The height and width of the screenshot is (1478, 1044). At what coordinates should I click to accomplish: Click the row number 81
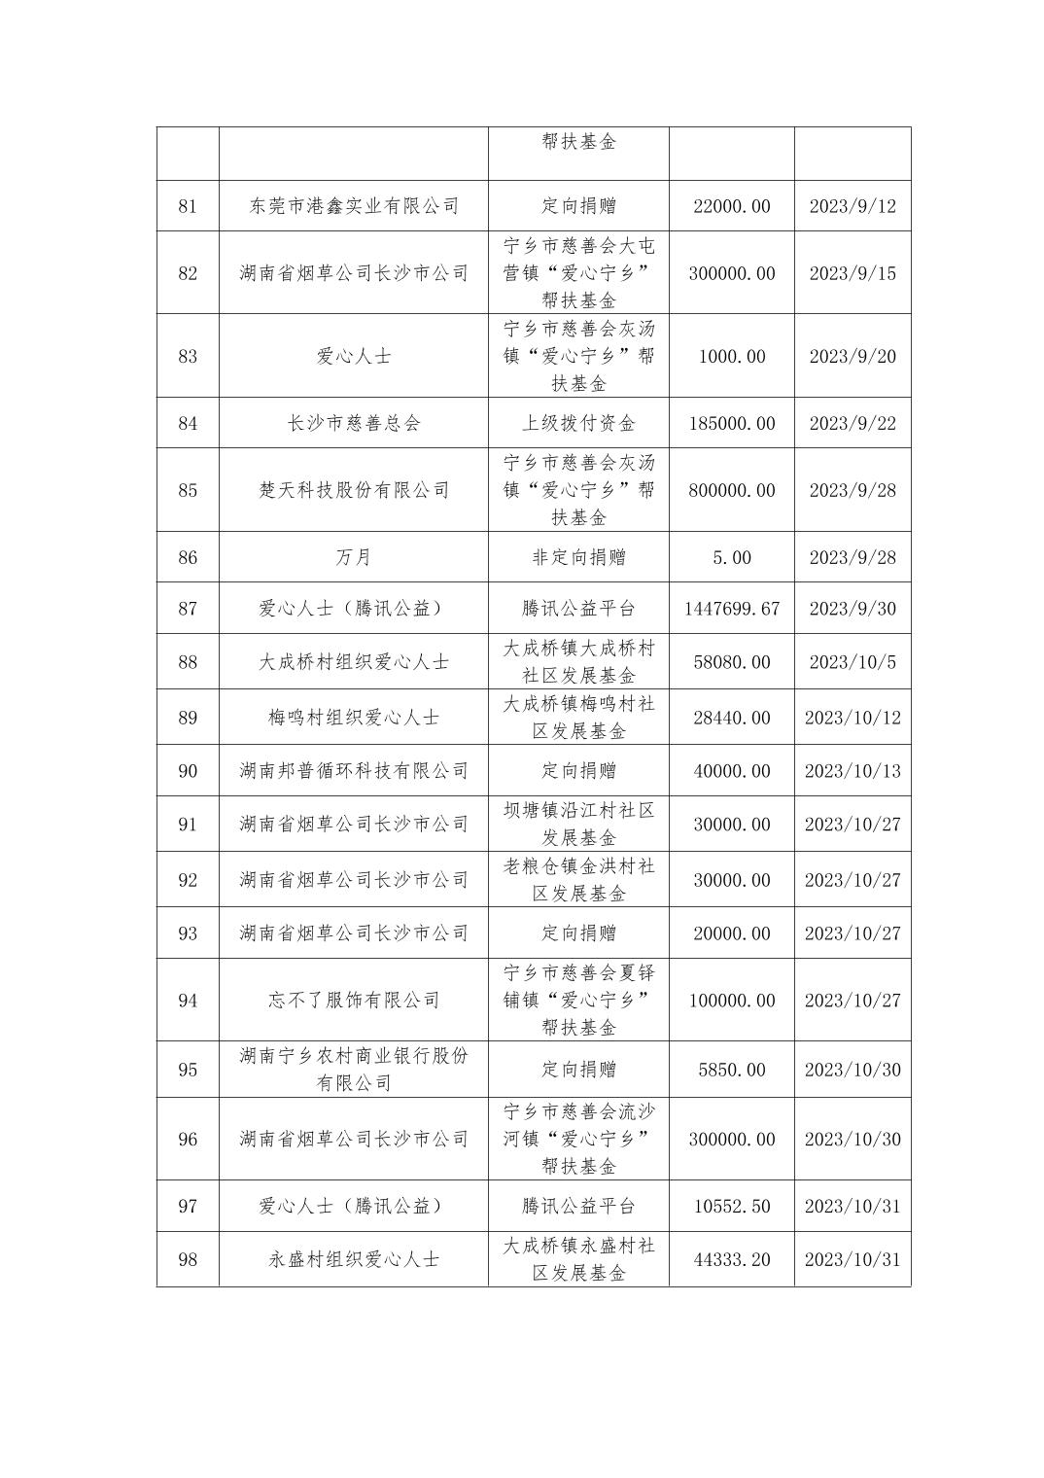click(x=188, y=206)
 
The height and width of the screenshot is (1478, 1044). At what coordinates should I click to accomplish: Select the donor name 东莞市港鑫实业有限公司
click(x=354, y=206)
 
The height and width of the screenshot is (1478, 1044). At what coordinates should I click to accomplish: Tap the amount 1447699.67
click(x=732, y=609)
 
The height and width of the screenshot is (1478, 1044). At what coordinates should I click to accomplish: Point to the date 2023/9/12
click(x=853, y=206)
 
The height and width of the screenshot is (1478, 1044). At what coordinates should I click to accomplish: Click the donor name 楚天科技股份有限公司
click(x=354, y=490)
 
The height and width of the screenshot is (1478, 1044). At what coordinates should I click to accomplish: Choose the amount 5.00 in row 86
click(x=732, y=557)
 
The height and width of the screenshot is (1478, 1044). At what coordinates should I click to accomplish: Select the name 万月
click(x=354, y=557)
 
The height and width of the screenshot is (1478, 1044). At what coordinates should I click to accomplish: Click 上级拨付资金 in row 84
click(x=578, y=423)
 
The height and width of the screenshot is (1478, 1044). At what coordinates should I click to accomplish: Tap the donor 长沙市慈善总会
click(x=354, y=423)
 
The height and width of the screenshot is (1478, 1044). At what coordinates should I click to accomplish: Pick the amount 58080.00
click(x=732, y=662)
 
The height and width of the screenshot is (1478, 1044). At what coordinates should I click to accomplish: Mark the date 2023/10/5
click(x=853, y=662)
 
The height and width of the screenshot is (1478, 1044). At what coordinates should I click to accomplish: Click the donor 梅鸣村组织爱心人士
click(x=354, y=718)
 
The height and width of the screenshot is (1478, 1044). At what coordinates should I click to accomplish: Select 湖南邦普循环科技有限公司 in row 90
click(x=354, y=771)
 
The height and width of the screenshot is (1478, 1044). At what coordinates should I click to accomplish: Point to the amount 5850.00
click(x=732, y=1070)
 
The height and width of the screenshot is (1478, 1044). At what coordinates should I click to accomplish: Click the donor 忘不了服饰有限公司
click(x=354, y=1000)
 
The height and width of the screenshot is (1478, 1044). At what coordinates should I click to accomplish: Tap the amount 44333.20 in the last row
click(x=732, y=1259)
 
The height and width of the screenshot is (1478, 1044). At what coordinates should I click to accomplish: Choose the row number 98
click(x=188, y=1259)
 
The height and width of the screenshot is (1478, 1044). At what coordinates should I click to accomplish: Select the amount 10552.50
click(x=732, y=1206)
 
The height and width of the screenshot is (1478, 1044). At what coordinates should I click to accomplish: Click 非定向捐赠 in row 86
click(x=578, y=557)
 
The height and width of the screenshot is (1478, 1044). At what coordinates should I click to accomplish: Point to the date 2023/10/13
click(x=853, y=771)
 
